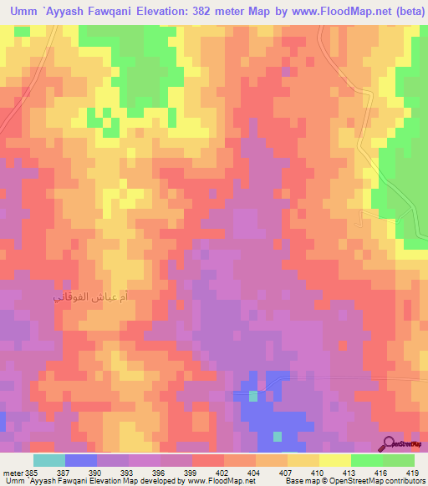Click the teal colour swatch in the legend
coord(49,460)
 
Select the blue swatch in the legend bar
coord(81,460)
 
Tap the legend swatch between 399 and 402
coord(208,460)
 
